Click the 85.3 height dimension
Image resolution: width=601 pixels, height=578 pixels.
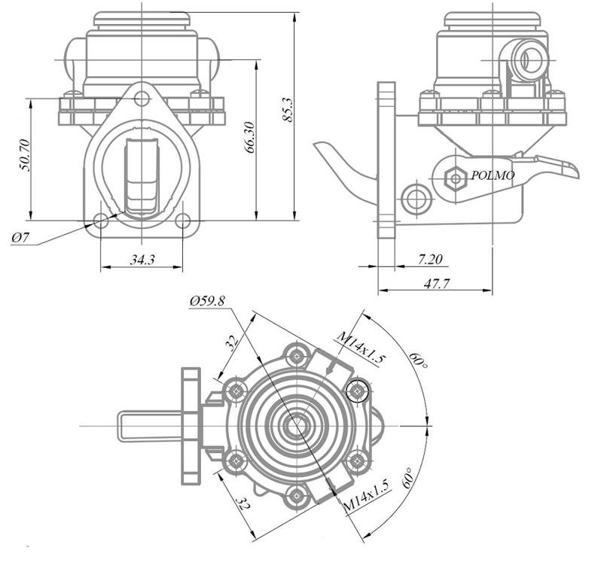287,113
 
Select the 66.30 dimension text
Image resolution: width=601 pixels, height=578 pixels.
249,135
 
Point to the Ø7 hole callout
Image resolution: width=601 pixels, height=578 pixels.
20,239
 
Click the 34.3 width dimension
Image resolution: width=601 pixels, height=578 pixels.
142,260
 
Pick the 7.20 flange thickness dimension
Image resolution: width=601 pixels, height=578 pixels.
429,260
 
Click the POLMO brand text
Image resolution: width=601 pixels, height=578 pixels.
493,176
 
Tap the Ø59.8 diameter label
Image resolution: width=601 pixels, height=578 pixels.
207,301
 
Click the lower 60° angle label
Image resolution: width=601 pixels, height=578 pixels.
413,479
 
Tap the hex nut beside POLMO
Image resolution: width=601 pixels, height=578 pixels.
455,178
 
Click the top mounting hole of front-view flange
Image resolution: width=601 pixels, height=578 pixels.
142,97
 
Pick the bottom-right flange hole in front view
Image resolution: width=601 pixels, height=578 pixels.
182,221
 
